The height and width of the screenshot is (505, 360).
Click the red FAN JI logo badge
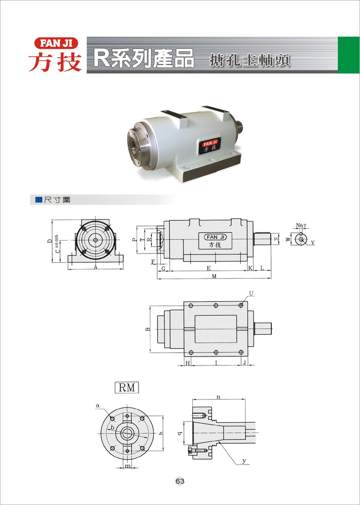56,43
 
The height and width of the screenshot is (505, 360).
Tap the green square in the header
348,55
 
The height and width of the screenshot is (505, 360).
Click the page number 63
180,481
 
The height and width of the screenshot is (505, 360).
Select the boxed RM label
127,388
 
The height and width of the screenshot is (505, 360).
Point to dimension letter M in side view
214,276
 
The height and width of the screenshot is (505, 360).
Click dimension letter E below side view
209,268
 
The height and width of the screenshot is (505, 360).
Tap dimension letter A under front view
96,267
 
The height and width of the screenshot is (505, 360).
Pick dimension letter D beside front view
49,241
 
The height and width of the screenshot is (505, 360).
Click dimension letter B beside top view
147,329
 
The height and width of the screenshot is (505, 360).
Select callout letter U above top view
251,293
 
